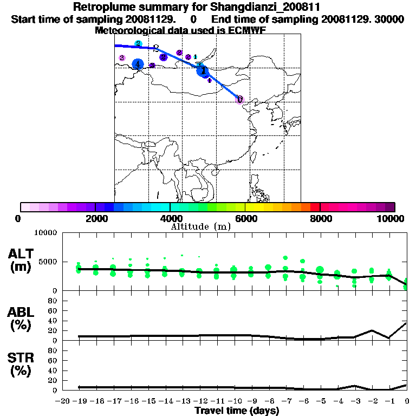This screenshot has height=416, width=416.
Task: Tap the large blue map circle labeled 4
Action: [138, 64]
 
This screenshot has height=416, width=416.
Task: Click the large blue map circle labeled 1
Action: [203, 70]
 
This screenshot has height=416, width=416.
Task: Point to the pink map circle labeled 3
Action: [122, 57]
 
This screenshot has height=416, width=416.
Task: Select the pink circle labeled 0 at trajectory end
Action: [239, 99]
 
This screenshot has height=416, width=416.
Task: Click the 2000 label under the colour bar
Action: [95, 219]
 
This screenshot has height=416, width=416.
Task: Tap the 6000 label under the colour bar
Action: [245, 219]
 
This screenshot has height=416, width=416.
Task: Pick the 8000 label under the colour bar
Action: [320, 219]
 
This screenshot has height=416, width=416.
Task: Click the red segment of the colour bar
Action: [315, 207]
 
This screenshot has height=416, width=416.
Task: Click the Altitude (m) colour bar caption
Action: [200, 226]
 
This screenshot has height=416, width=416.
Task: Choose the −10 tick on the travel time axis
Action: [235, 401]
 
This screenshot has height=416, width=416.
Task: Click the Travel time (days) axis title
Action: [237, 411]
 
